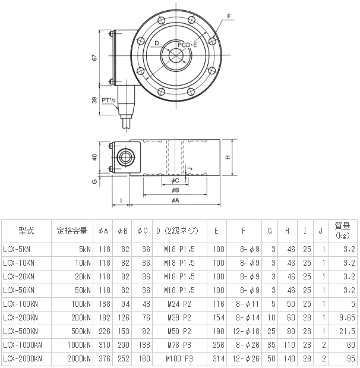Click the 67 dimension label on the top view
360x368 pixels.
(x=94, y=58)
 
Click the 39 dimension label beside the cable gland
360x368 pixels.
(x=94, y=100)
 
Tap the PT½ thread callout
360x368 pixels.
(x=109, y=100)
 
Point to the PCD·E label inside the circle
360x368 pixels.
(x=187, y=45)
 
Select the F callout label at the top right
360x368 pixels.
(x=229, y=16)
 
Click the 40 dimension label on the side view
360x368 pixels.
(x=94, y=157)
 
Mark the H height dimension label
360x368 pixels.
(x=228, y=157)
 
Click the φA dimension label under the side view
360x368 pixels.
(x=175, y=200)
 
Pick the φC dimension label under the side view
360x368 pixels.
(x=175, y=181)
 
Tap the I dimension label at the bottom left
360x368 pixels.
(x=121, y=200)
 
